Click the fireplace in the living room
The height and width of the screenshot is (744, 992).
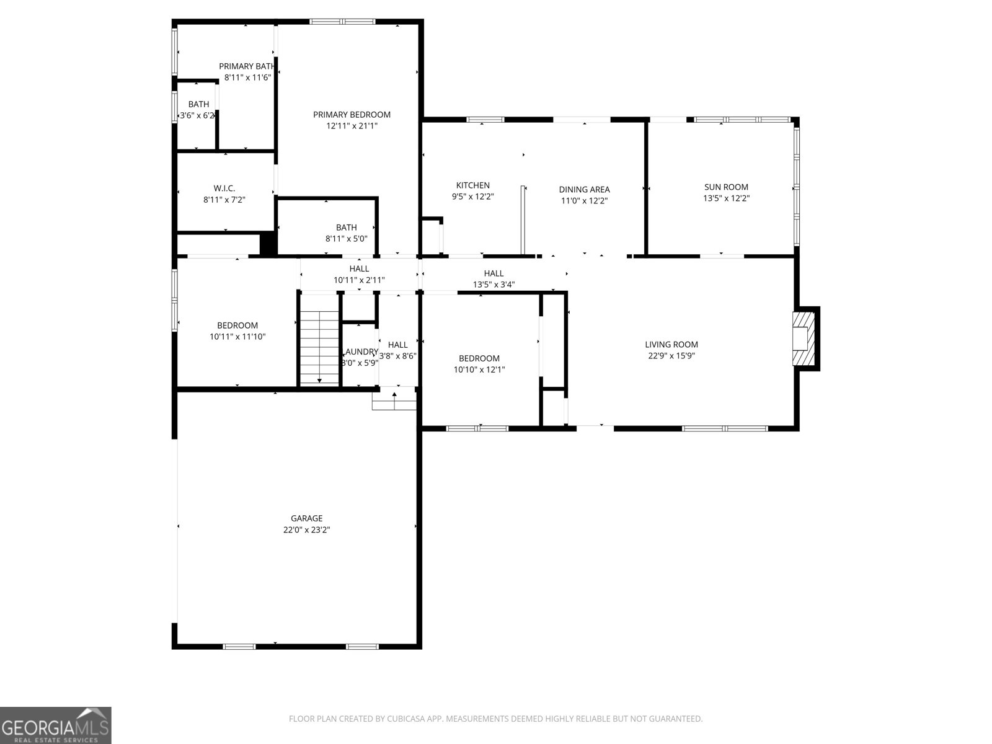pos(805,339)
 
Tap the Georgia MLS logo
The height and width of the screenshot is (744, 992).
pos(55,725)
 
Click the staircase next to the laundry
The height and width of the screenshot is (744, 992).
pos(319,347)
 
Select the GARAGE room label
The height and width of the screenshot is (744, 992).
pos(306,518)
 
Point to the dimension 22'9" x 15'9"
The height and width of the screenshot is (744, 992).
pos(671,356)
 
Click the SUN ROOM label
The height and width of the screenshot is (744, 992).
pos(726,187)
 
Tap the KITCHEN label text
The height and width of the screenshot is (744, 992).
pos(472,185)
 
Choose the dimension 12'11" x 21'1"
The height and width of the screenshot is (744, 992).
pos(352,126)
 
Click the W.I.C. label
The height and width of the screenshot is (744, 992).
pos(224,188)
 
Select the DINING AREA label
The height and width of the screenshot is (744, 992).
pos(584,189)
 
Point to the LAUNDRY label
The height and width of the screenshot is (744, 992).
pos(360,352)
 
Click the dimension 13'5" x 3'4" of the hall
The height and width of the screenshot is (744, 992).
pos(494,285)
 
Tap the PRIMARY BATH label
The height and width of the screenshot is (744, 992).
pos(247,66)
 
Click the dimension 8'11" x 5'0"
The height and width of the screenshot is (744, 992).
pos(346,239)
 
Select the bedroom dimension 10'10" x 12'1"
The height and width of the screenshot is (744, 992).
pos(479,370)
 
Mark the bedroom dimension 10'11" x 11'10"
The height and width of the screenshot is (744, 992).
pos(237,337)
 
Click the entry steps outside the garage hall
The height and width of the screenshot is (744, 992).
pos(394,402)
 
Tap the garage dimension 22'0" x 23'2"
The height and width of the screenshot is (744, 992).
pos(306,530)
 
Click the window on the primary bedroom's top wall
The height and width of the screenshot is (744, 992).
pos(342,22)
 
